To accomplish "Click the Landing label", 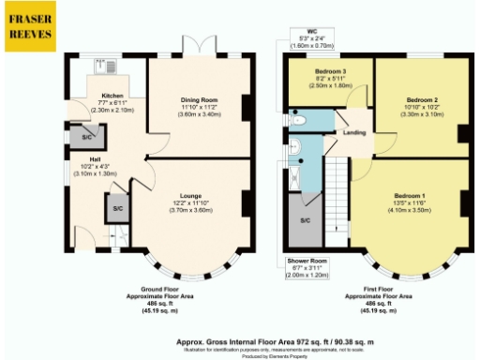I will tap(354, 132).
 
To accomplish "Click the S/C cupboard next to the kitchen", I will tap(87, 137).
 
